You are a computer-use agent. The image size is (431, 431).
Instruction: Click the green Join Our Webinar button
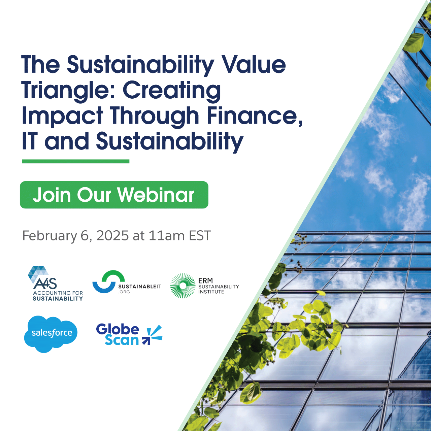[114, 195]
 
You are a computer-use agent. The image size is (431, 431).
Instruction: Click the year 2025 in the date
[112, 235]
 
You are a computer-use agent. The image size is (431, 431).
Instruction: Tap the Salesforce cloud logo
[51, 334]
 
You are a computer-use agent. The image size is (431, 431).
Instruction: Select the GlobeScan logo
[129, 334]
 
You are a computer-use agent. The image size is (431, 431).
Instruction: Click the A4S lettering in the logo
[45, 284]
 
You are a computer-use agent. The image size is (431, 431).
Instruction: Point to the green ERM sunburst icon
[183, 286]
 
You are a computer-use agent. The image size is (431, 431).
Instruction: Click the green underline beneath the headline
[76, 162]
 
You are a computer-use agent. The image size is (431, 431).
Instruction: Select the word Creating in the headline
[172, 90]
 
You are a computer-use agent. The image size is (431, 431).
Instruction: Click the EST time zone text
[200, 235]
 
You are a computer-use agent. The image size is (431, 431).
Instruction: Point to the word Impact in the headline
[62, 116]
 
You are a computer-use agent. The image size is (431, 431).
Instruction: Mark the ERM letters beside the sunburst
[205, 280]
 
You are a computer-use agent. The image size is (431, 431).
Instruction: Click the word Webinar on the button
[156, 195]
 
